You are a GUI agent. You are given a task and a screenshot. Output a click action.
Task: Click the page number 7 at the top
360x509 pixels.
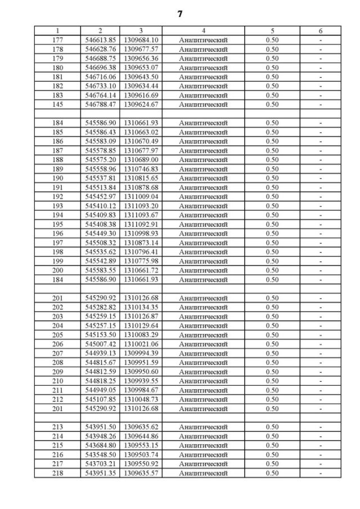click(180, 14)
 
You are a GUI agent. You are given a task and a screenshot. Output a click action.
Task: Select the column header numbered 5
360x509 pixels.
click(272, 31)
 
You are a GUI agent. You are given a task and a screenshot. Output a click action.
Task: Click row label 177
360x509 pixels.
click(57, 40)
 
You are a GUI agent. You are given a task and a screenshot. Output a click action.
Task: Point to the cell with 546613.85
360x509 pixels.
click(100, 40)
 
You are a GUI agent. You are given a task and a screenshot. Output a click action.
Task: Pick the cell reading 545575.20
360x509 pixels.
click(100, 160)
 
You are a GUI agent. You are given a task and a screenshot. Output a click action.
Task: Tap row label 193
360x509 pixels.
click(57, 206)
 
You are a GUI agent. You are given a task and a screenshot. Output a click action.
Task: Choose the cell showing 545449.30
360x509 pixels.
click(100, 233)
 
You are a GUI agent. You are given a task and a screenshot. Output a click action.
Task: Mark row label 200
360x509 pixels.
click(57, 271)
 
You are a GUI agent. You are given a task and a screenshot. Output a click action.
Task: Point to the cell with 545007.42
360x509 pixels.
click(100, 344)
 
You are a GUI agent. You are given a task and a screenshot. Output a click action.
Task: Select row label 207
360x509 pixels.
click(57, 353)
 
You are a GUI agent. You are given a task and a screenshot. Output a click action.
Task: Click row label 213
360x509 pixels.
click(57, 427)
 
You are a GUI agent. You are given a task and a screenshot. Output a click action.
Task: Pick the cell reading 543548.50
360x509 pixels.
click(100, 454)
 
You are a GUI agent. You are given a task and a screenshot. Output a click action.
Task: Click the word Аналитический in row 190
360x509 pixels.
click(203, 178)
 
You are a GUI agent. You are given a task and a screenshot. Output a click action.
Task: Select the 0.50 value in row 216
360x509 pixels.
click(272, 454)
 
